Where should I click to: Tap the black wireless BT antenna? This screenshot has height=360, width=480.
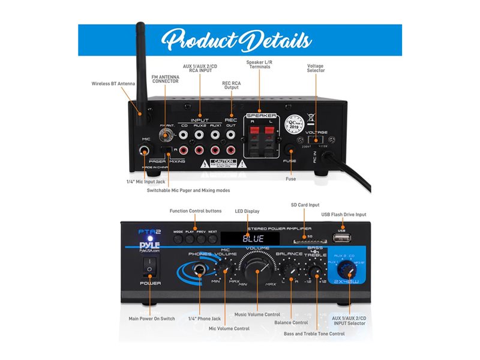pos(141,72)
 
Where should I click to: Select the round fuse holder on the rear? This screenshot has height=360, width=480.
pos(291,150)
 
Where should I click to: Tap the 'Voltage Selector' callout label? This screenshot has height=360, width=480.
pos(316,68)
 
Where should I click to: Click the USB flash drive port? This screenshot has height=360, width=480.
pos(341,239)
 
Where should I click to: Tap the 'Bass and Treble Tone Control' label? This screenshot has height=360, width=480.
pos(314,334)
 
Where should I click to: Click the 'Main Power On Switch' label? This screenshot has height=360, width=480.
pos(152,319)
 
